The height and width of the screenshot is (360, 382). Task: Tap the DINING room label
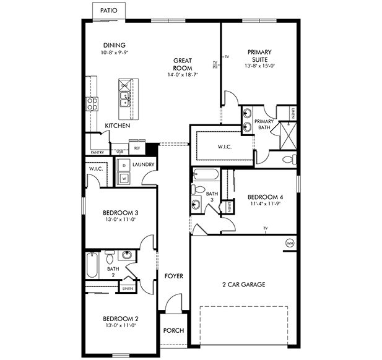pos(115,45)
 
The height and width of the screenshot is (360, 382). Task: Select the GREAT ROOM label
pos(183,64)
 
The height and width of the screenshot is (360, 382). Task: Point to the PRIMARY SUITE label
pos(259,56)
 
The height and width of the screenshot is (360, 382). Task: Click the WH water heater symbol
pos(289,243)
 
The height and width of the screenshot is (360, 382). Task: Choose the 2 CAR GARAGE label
pos(244,285)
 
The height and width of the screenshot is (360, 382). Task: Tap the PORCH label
pos(173,330)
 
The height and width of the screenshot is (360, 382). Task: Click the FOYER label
pos(173,276)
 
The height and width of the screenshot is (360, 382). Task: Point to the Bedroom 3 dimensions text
pos(119,218)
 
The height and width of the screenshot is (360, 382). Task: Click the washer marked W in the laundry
pos(124,178)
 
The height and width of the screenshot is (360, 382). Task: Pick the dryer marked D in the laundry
pos(124,166)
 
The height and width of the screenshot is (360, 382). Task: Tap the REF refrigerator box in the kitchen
pos(137,148)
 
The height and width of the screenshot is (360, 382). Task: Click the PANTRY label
pos(97,152)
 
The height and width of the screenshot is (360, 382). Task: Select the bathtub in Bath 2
pos(92,265)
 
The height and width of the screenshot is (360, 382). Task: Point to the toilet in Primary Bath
pos(289,160)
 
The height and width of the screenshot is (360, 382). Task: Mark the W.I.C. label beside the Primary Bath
pos(224,147)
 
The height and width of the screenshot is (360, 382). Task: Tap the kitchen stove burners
pos(93,103)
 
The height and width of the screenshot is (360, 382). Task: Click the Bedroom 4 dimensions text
pos(266,203)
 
